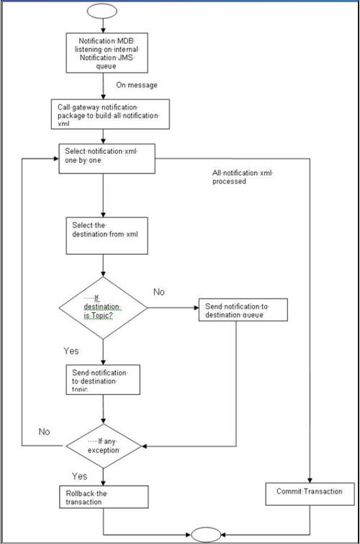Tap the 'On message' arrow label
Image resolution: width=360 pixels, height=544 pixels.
click(136, 85)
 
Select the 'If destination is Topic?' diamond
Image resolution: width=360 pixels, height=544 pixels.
click(103, 308)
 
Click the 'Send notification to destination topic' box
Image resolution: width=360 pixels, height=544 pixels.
click(101, 379)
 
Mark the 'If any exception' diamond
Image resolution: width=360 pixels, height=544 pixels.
click(103, 447)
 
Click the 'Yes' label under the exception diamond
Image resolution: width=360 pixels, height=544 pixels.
click(80, 476)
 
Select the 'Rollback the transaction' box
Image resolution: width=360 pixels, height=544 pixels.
click(103, 497)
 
